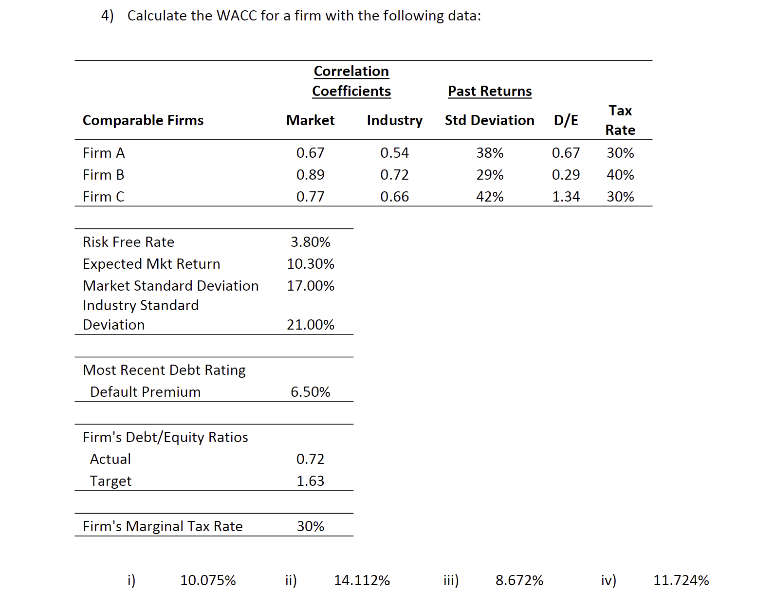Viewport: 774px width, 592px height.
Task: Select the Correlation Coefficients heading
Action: (x=351, y=81)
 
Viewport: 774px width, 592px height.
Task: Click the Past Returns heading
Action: (x=489, y=91)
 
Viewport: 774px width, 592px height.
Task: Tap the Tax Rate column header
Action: (x=620, y=120)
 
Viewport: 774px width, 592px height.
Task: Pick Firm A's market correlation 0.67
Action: (x=310, y=153)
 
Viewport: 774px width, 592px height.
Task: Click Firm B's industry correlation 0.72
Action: (x=394, y=175)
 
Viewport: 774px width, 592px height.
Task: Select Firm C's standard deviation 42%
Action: (x=489, y=197)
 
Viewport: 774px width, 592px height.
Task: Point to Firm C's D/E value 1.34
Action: (x=566, y=197)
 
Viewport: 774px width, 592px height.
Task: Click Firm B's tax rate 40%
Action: (x=620, y=175)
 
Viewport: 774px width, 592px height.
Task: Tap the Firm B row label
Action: (x=103, y=175)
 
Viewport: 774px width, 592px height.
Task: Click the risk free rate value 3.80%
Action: (x=310, y=242)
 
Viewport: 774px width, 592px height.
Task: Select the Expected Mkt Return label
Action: (x=151, y=264)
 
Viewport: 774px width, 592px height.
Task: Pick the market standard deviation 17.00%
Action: (x=310, y=286)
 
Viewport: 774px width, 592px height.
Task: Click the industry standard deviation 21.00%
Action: (x=310, y=325)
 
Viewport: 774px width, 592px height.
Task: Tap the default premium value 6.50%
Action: (x=310, y=392)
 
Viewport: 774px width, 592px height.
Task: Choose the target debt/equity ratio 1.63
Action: (x=310, y=481)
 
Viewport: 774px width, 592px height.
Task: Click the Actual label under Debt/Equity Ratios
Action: (x=111, y=459)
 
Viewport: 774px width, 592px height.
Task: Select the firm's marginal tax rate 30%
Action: (x=310, y=526)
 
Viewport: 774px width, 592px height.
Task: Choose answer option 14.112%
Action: (x=362, y=580)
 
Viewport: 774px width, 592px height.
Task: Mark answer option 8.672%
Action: (x=519, y=580)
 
